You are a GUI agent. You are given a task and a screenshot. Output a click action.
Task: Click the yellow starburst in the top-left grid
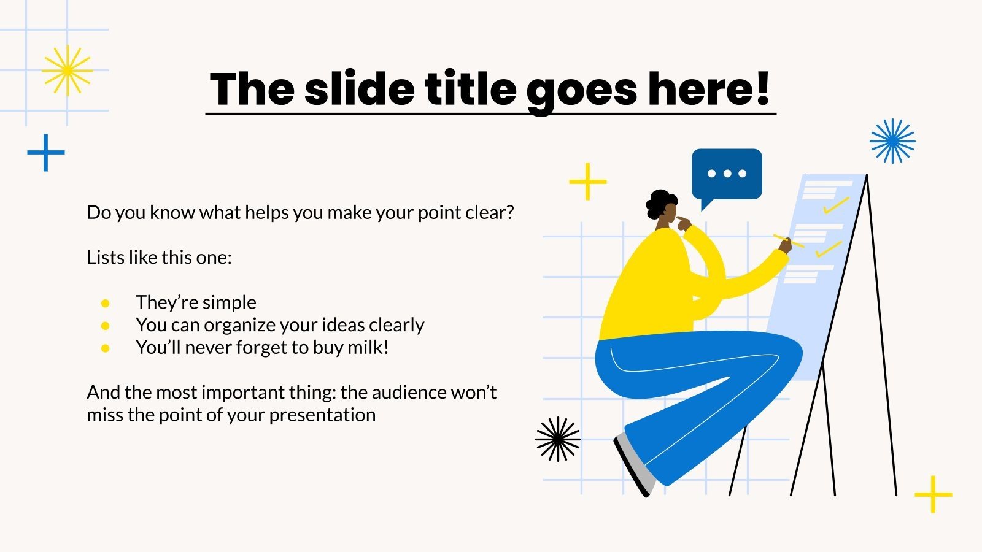tap(67, 71)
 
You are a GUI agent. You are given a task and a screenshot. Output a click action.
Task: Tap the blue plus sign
tap(46, 152)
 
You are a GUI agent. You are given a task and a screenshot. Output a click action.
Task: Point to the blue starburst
tap(892, 141)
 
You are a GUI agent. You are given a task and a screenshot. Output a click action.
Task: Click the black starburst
tap(557, 439)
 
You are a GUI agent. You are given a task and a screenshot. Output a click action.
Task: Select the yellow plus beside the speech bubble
tap(587, 182)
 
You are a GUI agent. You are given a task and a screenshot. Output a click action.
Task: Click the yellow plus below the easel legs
tap(933, 494)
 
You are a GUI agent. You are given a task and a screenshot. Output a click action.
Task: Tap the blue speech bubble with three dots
tap(727, 174)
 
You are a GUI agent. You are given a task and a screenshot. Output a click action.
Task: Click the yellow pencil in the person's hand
tap(788, 241)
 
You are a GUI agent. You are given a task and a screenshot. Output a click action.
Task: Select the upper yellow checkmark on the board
tap(836, 205)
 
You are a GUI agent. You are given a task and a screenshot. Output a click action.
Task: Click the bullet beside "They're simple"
tap(106, 303)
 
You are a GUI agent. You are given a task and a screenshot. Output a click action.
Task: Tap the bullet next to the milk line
tap(106, 348)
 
